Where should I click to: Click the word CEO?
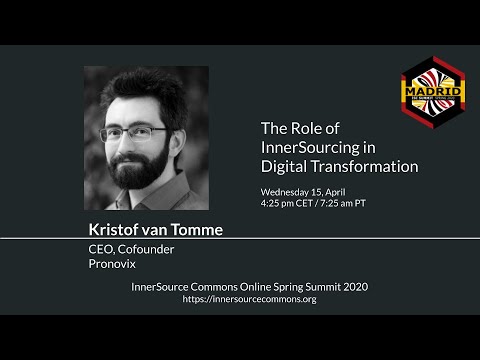click(102, 251)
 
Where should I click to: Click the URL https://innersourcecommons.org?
click(250, 299)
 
